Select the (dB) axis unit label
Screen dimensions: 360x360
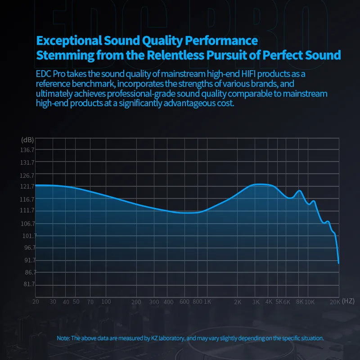click(x=27, y=140)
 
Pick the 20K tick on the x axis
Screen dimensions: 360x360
click(x=334, y=302)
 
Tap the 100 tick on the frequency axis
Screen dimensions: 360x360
click(x=106, y=301)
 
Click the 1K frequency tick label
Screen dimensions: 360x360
click(x=207, y=301)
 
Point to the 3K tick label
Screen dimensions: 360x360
click(x=256, y=302)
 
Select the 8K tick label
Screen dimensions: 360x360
click(x=300, y=302)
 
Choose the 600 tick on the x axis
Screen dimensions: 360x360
click(x=184, y=302)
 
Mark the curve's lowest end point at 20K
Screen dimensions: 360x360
click(x=338, y=263)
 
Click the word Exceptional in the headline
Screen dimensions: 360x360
click(x=70, y=41)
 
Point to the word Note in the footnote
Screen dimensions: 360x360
click(x=63, y=338)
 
